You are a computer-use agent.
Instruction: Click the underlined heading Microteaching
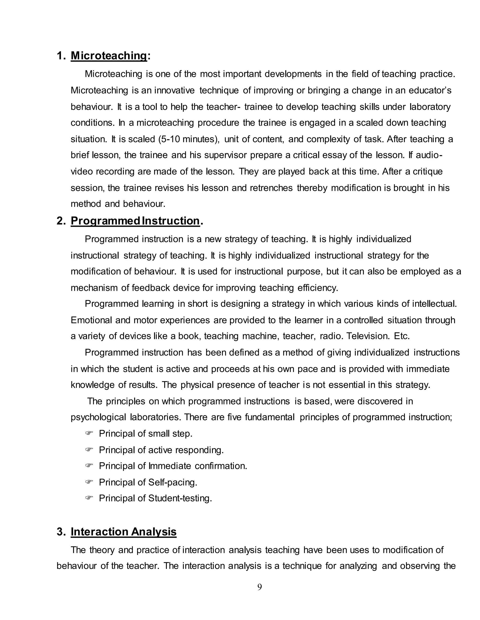tap(109, 56)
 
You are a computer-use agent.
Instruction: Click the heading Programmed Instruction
tap(135, 221)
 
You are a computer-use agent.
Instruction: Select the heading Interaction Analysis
tap(124, 532)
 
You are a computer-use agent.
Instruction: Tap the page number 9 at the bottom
tap(259, 587)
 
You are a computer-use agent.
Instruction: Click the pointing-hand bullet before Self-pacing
tap(89, 482)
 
